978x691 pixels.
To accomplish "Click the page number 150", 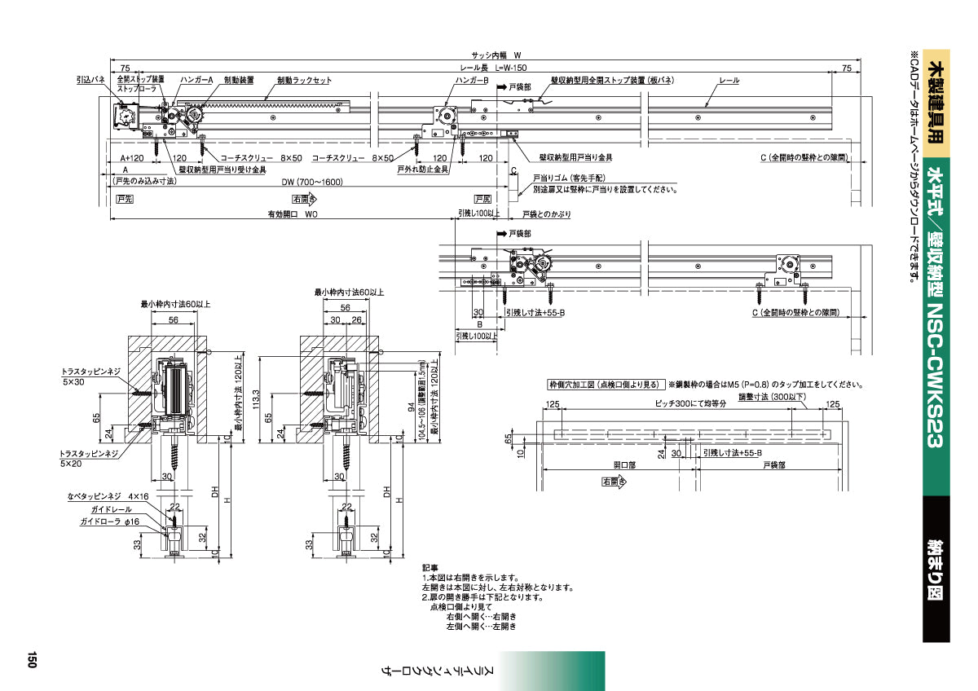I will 32,658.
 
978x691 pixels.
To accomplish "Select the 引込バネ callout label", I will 90,80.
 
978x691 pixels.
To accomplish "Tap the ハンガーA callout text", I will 196,80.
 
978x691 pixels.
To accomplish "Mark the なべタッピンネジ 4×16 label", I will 108,495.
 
